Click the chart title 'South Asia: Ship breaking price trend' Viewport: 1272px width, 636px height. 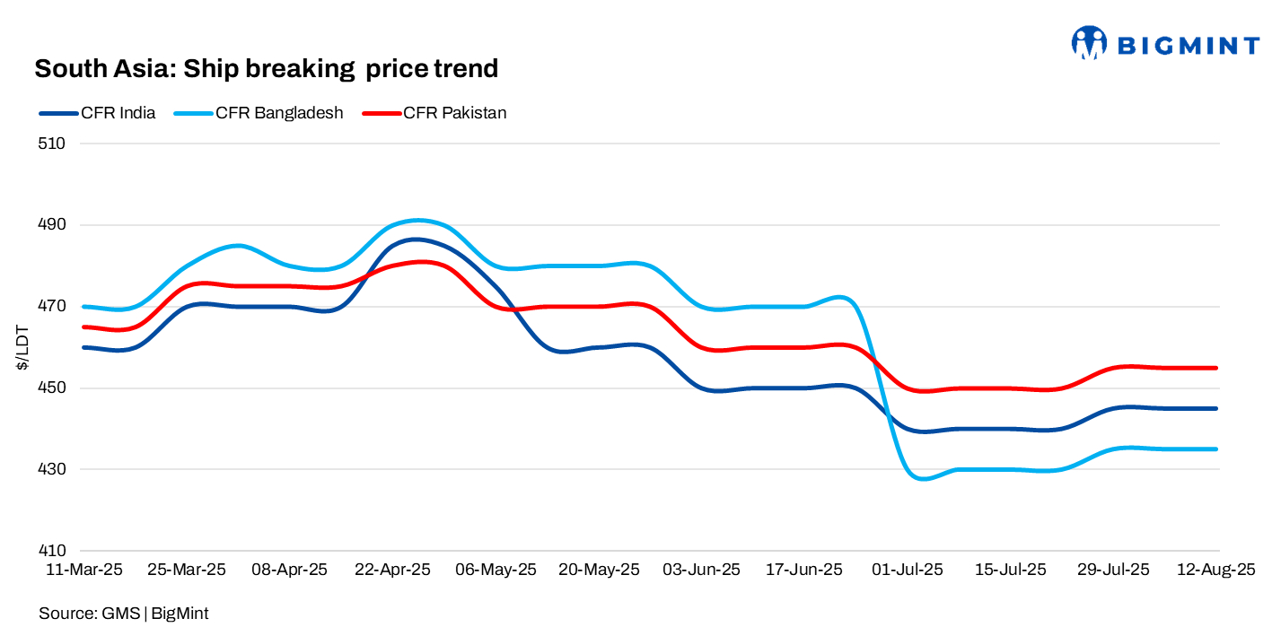coord(266,68)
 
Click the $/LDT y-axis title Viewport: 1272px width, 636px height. coord(22,348)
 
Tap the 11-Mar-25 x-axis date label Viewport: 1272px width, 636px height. coord(83,570)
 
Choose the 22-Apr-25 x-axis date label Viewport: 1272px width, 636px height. coord(393,570)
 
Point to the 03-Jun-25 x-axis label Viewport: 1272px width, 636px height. coord(701,570)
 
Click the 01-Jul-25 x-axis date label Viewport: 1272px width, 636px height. coord(907,570)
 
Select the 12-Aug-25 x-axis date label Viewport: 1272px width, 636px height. coord(1215,570)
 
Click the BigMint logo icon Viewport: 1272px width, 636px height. coord(1089,42)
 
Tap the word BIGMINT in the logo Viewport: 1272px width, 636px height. coord(1188,43)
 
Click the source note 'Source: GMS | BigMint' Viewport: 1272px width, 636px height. coord(124,614)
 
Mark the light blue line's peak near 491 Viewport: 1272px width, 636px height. coord(417,220)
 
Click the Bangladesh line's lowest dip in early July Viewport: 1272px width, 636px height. coord(923,479)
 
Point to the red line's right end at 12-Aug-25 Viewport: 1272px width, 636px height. coord(1216,368)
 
